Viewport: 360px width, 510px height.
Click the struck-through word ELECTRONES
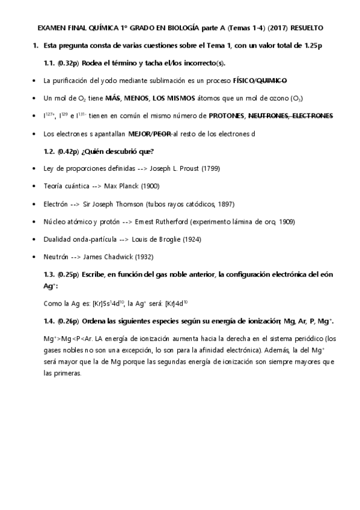coord(307,115)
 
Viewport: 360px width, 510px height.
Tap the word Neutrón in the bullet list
coord(56,257)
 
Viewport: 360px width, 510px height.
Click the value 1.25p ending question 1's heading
coord(310,46)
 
